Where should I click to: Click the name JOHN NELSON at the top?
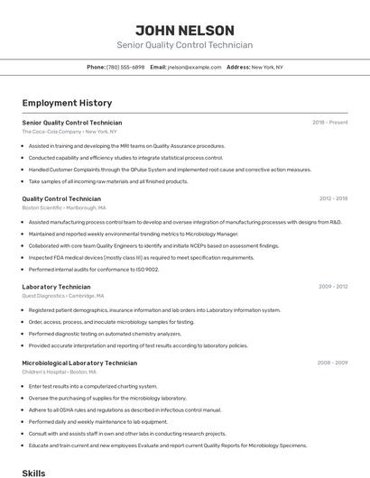tap(184, 31)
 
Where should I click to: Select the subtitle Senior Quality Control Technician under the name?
tap(184, 45)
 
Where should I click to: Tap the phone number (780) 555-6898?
tap(125, 67)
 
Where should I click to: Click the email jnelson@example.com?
tap(194, 67)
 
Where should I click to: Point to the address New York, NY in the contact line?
tap(267, 67)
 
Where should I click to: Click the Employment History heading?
tap(67, 103)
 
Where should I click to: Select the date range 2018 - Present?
tap(329, 122)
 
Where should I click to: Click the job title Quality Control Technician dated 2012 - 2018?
tap(61, 198)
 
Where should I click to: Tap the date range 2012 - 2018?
tap(333, 198)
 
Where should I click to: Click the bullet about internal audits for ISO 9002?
tap(93, 269)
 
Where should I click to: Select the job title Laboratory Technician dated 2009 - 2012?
tap(57, 287)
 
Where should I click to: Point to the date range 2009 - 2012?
tap(333, 287)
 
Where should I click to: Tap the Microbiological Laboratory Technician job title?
tap(79, 363)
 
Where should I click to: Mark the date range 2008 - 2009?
tap(332, 363)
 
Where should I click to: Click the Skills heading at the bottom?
tap(33, 473)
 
